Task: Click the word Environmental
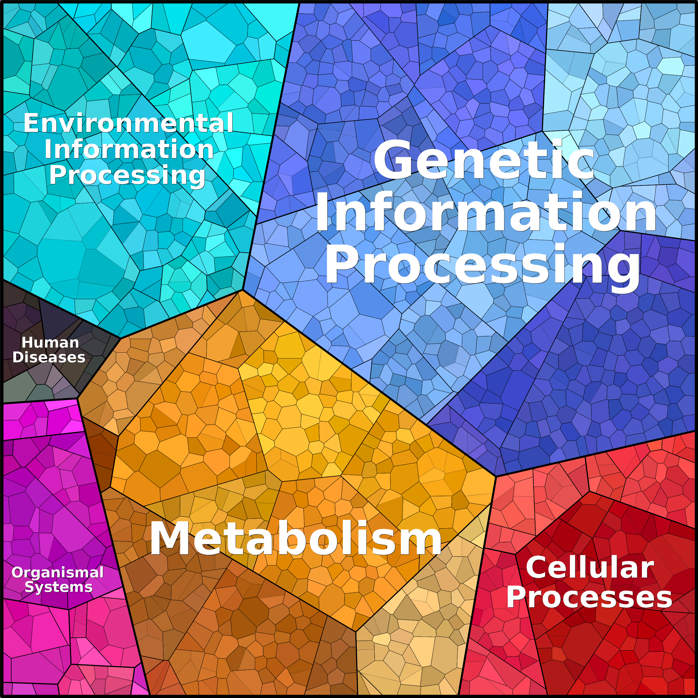(128, 123)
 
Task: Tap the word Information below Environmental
(129, 149)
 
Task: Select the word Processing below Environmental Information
(127, 175)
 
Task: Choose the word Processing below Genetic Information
(482, 266)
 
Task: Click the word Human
(50, 343)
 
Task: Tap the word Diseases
(49, 357)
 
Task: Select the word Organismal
(58, 573)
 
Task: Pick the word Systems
(59, 587)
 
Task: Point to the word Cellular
(590, 568)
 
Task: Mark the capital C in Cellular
(537, 568)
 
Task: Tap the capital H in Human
(27, 343)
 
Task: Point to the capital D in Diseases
(18, 357)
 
